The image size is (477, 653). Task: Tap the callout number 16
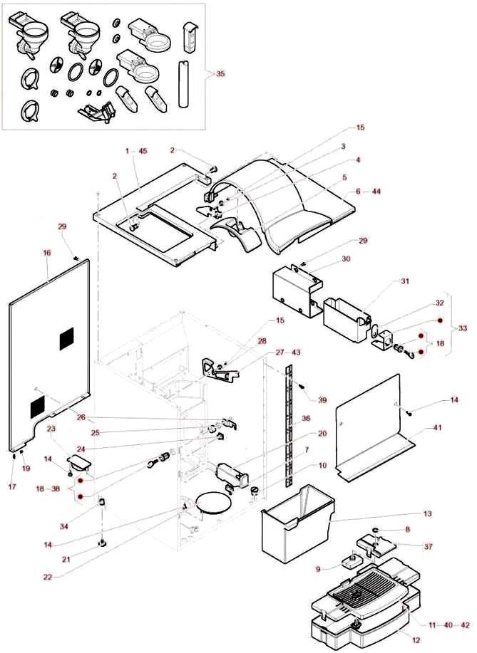(x=47, y=252)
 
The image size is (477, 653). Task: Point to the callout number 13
(x=427, y=513)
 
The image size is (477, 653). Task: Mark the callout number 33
(x=463, y=328)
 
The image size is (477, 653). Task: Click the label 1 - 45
(x=135, y=151)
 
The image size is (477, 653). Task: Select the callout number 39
(x=322, y=400)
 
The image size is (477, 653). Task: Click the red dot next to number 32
(x=440, y=321)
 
